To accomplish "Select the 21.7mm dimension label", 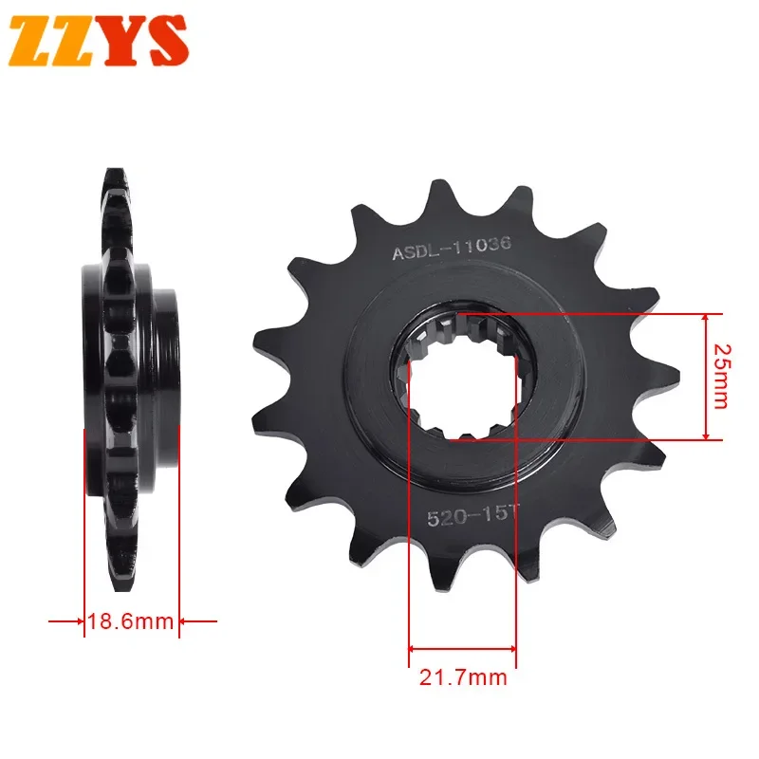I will [x=463, y=678].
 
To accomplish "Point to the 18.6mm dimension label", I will [x=131, y=622].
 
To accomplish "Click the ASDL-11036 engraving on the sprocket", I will [x=452, y=249].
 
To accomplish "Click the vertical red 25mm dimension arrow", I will [x=705, y=377].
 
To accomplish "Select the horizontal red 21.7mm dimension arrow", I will [x=463, y=650].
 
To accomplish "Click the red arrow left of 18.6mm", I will [x=65, y=622].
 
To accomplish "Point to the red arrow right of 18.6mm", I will [x=198, y=622].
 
